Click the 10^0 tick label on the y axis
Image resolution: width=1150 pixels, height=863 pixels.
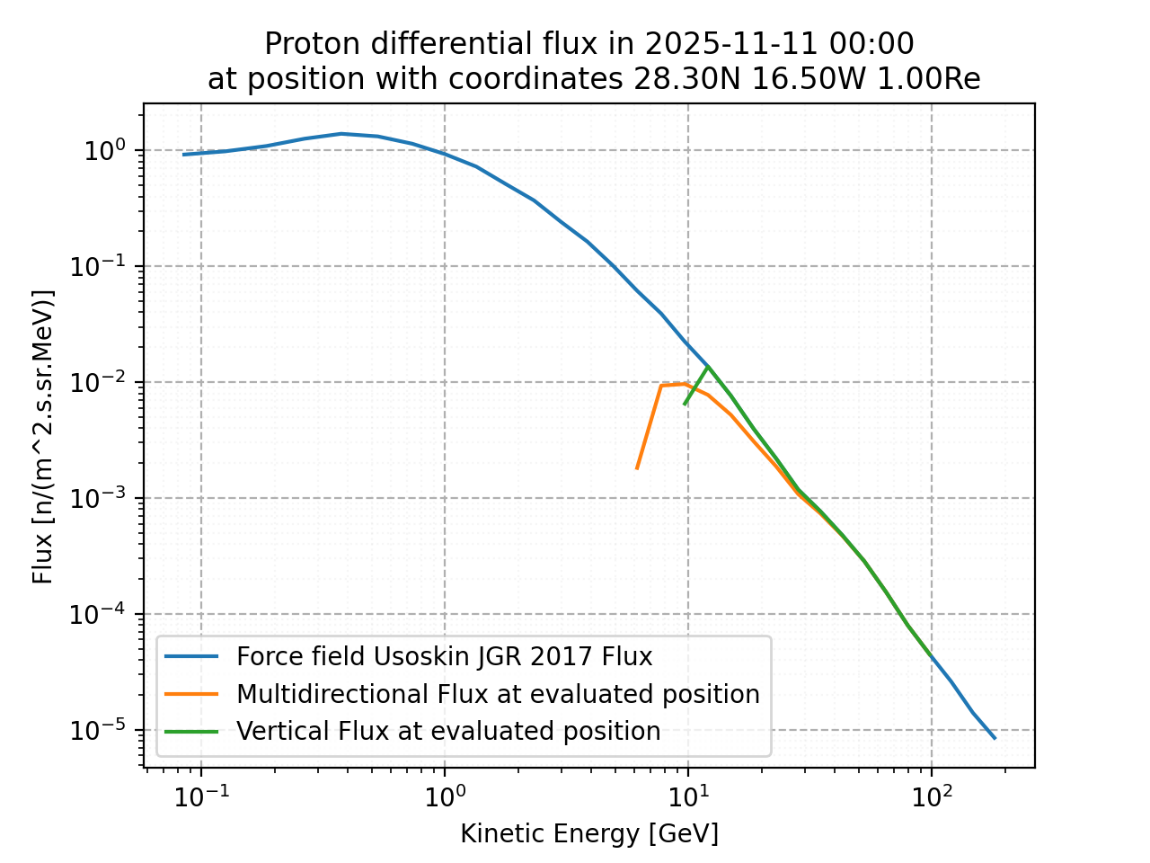pyautogui.click(x=106, y=150)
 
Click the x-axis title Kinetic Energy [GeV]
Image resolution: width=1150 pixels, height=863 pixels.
pyautogui.click(x=589, y=834)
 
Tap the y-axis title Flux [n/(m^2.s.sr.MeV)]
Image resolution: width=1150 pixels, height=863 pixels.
pyautogui.click(x=43, y=436)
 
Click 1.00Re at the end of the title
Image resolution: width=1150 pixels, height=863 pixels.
pyautogui.click(x=928, y=79)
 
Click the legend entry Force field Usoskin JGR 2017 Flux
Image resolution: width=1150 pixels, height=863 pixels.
pyautogui.click(x=444, y=657)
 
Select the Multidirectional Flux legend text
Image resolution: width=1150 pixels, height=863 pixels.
pyautogui.click(x=498, y=694)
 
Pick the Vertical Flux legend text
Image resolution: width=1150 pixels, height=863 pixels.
pyautogui.click(x=448, y=731)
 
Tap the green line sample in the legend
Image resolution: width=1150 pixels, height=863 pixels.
pyautogui.click(x=191, y=731)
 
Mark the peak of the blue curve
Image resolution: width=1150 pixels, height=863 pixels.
pyautogui.click(x=341, y=134)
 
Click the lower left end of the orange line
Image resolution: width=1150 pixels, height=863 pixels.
pyautogui.click(x=637, y=468)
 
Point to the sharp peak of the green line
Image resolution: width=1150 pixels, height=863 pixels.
pyautogui.click(x=708, y=367)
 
